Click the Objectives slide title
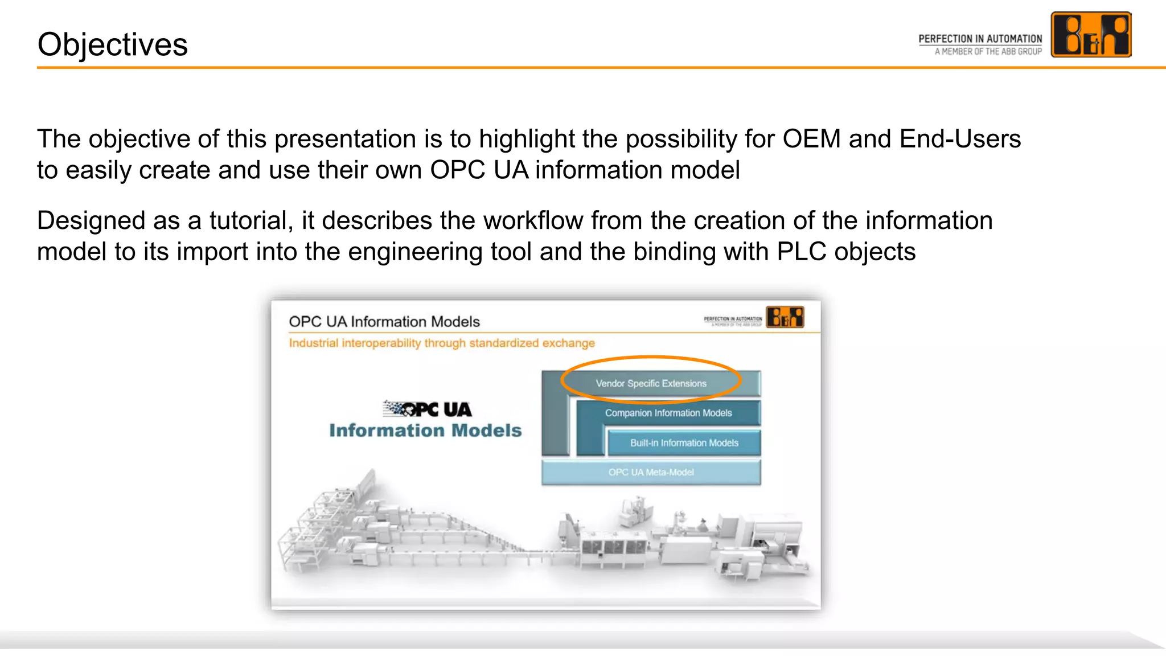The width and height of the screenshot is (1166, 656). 112,44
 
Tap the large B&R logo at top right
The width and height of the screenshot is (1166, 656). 1090,35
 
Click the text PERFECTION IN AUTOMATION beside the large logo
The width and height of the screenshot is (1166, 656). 980,39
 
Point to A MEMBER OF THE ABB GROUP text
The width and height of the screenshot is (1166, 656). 988,51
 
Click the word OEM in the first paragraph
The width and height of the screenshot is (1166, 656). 811,139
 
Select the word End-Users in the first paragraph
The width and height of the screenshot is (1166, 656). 960,139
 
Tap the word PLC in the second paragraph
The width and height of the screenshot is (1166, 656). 801,252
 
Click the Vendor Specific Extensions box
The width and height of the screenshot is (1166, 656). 651,383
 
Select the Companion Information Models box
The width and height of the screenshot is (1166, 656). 668,413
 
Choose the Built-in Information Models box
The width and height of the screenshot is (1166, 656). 684,443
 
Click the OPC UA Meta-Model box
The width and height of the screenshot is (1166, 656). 651,472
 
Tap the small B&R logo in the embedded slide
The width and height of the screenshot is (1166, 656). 785,317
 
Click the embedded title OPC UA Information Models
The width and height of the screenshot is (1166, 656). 384,322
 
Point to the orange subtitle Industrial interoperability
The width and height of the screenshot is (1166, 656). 441,343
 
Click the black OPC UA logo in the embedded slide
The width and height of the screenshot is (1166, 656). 427,409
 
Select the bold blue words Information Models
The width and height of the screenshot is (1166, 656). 425,430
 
